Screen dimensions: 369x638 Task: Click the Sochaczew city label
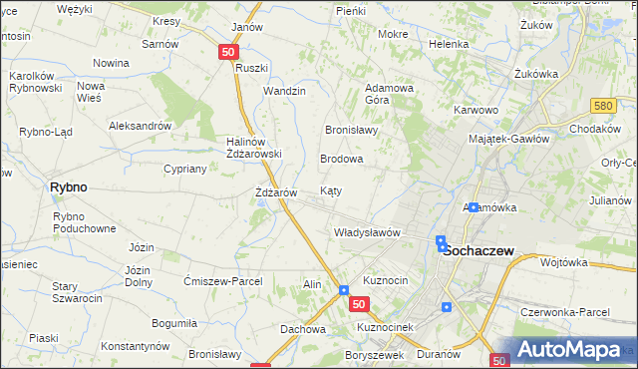(478, 251)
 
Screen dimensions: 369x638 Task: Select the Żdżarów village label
(276, 191)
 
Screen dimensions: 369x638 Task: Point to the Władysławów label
(366, 232)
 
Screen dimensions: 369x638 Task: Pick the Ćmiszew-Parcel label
(222, 281)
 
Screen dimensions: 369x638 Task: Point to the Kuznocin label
(386, 280)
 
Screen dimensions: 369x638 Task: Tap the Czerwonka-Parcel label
(564, 312)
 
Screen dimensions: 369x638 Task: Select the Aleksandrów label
(141, 127)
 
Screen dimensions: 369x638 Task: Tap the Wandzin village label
(284, 91)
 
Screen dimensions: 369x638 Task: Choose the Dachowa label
(303, 329)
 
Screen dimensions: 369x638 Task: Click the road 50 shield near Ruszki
(229, 52)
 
